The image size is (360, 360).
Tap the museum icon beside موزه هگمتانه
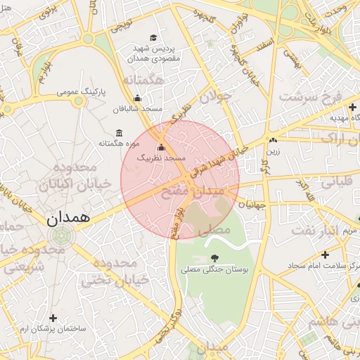(x=118, y=133)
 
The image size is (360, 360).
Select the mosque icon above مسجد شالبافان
(x=137, y=98)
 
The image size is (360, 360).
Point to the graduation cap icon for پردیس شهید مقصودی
(x=153, y=38)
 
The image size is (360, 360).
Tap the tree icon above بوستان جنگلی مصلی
(x=214, y=258)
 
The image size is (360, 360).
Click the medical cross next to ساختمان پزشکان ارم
(x=53, y=318)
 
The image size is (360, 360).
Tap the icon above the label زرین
(x=272, y=140)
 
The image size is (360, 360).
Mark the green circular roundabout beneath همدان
(x=59, y=236)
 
